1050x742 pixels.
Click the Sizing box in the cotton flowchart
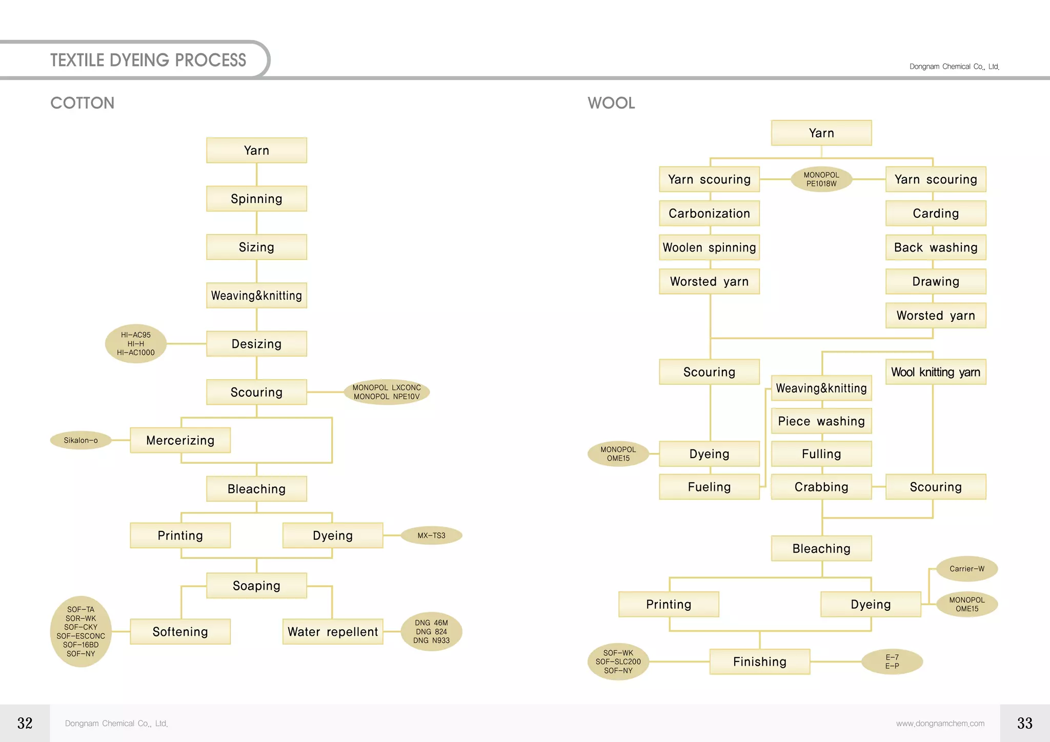point(256,247)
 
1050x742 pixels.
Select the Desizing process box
point(256,344)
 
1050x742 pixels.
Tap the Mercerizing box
point(180,440)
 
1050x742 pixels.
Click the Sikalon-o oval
point(81,440)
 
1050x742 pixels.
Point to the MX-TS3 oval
point(431,535)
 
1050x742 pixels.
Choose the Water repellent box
point(333,632)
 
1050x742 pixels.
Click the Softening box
point(180,632)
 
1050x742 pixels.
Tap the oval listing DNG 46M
point(431,632)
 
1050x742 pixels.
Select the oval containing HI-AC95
point(136,344)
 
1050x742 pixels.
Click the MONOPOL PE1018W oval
point(821,179)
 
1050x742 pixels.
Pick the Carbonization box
point(710,213)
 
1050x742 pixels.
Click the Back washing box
point(936,248)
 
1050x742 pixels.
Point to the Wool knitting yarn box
point(936,372)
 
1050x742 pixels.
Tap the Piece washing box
point(821,421)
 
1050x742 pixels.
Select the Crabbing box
point(821,487)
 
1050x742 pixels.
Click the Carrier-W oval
point(967,569)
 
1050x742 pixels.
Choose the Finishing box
point(760,662)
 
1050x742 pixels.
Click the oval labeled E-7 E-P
point(892,662)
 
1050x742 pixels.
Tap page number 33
point(1024,723)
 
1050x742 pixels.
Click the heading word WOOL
point(611,103)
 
